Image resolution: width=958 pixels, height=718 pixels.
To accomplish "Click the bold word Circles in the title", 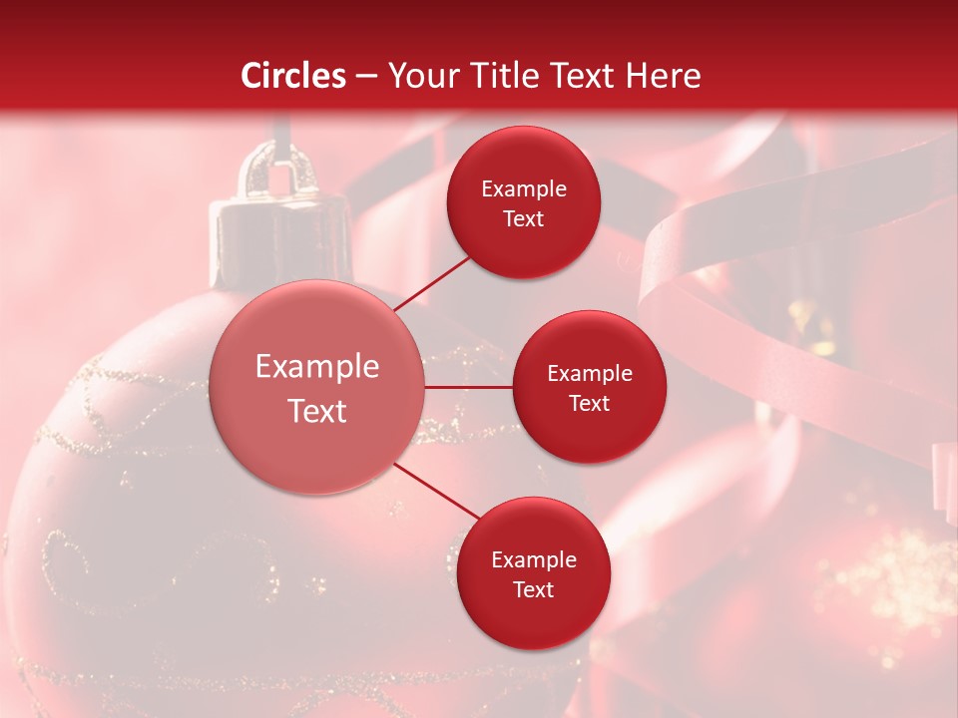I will pos(293,76).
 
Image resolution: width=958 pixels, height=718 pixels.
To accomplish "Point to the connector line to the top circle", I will pos(433,283).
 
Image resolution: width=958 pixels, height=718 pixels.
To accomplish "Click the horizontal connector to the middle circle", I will pos(469,387).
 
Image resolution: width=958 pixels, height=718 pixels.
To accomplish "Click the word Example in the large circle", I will pos(317,367).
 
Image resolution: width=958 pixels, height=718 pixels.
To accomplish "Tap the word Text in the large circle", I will pos(317,411).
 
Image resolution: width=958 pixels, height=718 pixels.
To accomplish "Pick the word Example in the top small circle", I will pos(524,189).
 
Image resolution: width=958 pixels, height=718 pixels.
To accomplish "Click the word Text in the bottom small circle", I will pos(533,589).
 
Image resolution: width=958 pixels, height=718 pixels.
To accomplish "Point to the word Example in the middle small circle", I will pos(589,374).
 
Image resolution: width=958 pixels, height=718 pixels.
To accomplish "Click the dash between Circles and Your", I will pos(366,77).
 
